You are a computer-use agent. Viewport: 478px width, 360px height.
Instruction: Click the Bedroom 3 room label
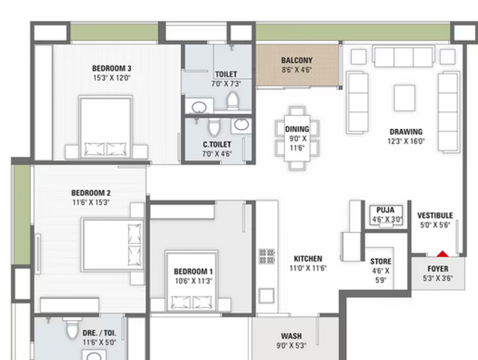(112, 68)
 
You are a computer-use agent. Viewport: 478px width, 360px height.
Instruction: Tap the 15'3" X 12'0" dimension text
(112, 78)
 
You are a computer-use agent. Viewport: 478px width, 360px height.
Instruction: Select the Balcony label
(296, 60)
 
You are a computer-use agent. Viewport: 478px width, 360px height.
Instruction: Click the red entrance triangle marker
(442, 254)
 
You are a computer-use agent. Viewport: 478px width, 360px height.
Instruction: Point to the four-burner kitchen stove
(266, 256)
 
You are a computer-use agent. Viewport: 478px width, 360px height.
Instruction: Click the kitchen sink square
(266, 296)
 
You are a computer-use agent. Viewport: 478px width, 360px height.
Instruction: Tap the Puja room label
(385, 210)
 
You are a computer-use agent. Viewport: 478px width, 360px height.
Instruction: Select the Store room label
(381, 261)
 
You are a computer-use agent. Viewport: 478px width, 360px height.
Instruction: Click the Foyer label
(438, 269)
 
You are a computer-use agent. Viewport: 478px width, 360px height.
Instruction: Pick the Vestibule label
(435, 216)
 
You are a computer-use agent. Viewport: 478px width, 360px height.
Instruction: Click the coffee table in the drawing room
(405, 98)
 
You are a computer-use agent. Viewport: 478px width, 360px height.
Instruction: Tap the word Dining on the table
(297, 129)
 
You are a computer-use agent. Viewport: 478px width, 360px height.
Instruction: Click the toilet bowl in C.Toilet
(214, 127)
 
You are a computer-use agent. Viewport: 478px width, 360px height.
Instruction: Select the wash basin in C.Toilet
(241, 125)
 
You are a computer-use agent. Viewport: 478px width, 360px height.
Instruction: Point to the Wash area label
(292, 336)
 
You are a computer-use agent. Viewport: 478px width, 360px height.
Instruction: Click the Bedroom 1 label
(193, 272)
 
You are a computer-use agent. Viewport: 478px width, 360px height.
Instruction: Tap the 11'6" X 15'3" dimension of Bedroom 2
(91, 202)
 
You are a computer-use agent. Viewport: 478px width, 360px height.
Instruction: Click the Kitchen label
(308, 259)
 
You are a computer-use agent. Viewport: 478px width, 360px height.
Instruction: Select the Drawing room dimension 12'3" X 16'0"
(406, 141)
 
